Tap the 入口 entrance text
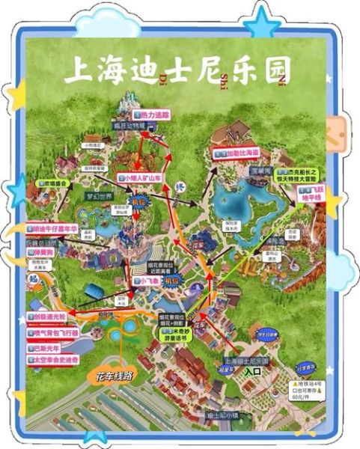(x=254, y=370)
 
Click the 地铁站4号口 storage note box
(x=308, y=390)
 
